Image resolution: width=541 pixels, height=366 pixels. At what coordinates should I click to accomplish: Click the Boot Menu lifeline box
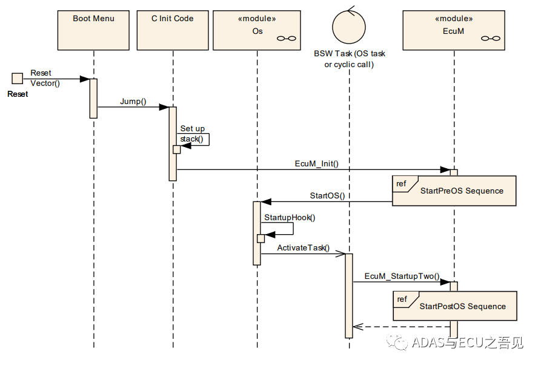[93, 30]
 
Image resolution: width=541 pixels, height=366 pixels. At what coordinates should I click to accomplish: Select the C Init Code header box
[173, 30]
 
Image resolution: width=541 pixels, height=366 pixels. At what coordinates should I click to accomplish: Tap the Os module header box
[257, 30]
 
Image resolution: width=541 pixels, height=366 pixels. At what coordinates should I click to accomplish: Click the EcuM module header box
[454, 30]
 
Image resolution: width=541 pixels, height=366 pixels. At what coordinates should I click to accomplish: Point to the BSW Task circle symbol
[349, 26]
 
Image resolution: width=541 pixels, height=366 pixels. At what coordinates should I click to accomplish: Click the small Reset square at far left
[17, 78]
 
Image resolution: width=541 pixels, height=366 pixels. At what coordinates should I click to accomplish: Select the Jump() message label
[133, 101]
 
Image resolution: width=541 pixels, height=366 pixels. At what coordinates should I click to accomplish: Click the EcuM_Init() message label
[316, 163]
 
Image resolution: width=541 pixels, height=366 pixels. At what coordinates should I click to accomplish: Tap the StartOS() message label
[327, 196]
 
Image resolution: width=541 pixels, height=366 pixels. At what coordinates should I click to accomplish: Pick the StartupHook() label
[290, 217]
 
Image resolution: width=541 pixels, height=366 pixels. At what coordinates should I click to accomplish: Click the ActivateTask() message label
[304, 248]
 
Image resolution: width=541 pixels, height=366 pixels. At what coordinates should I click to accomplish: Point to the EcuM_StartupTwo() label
[402, 276]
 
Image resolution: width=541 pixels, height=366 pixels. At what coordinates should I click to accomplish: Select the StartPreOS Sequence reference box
[454, 191]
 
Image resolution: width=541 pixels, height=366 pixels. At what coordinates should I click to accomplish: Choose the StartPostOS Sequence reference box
[455, 306]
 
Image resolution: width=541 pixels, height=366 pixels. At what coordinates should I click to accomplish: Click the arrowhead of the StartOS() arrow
[266, 201]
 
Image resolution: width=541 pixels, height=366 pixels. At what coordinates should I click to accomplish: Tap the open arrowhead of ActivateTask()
[341, 254]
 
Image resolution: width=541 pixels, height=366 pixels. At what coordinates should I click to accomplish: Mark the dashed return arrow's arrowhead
[358, 327]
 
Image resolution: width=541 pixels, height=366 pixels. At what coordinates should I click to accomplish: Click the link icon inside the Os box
[287, 38]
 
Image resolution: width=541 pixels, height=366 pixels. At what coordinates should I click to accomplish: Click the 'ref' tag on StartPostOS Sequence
[402, 299]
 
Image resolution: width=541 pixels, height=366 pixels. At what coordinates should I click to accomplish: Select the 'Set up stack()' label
[193, 134]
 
